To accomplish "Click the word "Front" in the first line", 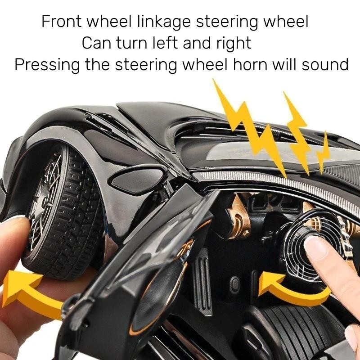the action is [x=61, y=21].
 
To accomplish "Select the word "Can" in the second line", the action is [x=96, y=43].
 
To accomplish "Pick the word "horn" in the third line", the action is [x=250, y=64].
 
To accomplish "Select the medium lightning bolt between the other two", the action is [x=297, y=133].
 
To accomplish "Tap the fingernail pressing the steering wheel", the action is [x=316, y=248].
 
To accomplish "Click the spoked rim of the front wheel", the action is [x=46, y=202].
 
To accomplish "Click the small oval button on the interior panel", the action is [x=234, y=285].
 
